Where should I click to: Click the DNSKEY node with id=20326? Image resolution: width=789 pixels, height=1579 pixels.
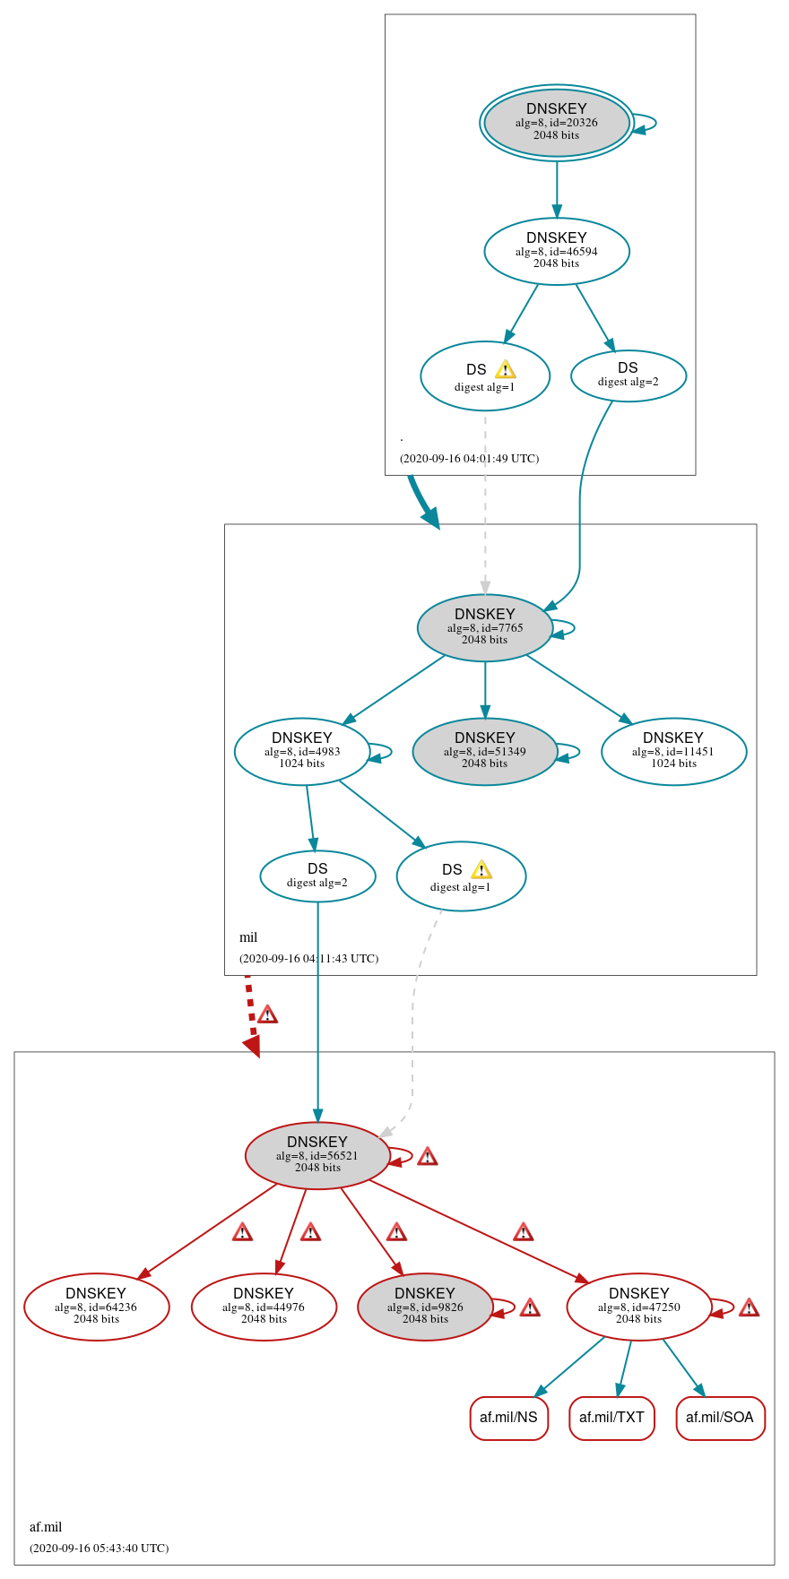pos(556,123)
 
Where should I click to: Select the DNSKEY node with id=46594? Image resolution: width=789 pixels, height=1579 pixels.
pos(556,251)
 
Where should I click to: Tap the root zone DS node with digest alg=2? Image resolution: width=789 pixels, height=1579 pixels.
pos(628,375)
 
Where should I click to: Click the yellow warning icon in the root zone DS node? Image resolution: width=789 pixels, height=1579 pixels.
pos(505,369)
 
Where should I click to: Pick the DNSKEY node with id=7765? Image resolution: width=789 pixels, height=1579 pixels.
pos(484,627)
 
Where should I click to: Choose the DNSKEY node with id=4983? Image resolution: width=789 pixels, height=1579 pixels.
pos(301,751)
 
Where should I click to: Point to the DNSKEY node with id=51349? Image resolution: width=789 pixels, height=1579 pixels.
pos(484,751)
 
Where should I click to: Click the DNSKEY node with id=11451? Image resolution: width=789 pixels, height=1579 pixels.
pos(672,751)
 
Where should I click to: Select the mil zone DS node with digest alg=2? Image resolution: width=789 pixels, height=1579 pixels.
pos(317,876)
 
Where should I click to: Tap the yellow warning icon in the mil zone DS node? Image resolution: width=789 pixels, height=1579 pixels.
pos(481,869)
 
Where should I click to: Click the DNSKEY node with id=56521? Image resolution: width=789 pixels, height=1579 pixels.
pos(316,1155)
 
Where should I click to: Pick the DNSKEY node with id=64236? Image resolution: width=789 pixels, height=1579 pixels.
pos(96,1307)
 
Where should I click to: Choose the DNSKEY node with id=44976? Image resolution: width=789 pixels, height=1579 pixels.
pos(264,1307)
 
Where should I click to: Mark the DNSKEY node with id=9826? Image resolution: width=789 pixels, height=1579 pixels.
pos(424,1307)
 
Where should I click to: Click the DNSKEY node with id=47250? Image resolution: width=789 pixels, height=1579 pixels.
pos(638,1307)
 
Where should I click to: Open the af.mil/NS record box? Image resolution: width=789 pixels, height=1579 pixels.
pos(508,1418)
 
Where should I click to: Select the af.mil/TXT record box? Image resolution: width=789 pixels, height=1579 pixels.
pos(611,1418)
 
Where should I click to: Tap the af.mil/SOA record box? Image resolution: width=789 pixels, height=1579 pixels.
pos(720,1418)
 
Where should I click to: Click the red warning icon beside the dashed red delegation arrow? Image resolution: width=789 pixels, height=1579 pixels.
pos(267,1014)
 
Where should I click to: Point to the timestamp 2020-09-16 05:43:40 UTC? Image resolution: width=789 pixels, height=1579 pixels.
pos(99,1548)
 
